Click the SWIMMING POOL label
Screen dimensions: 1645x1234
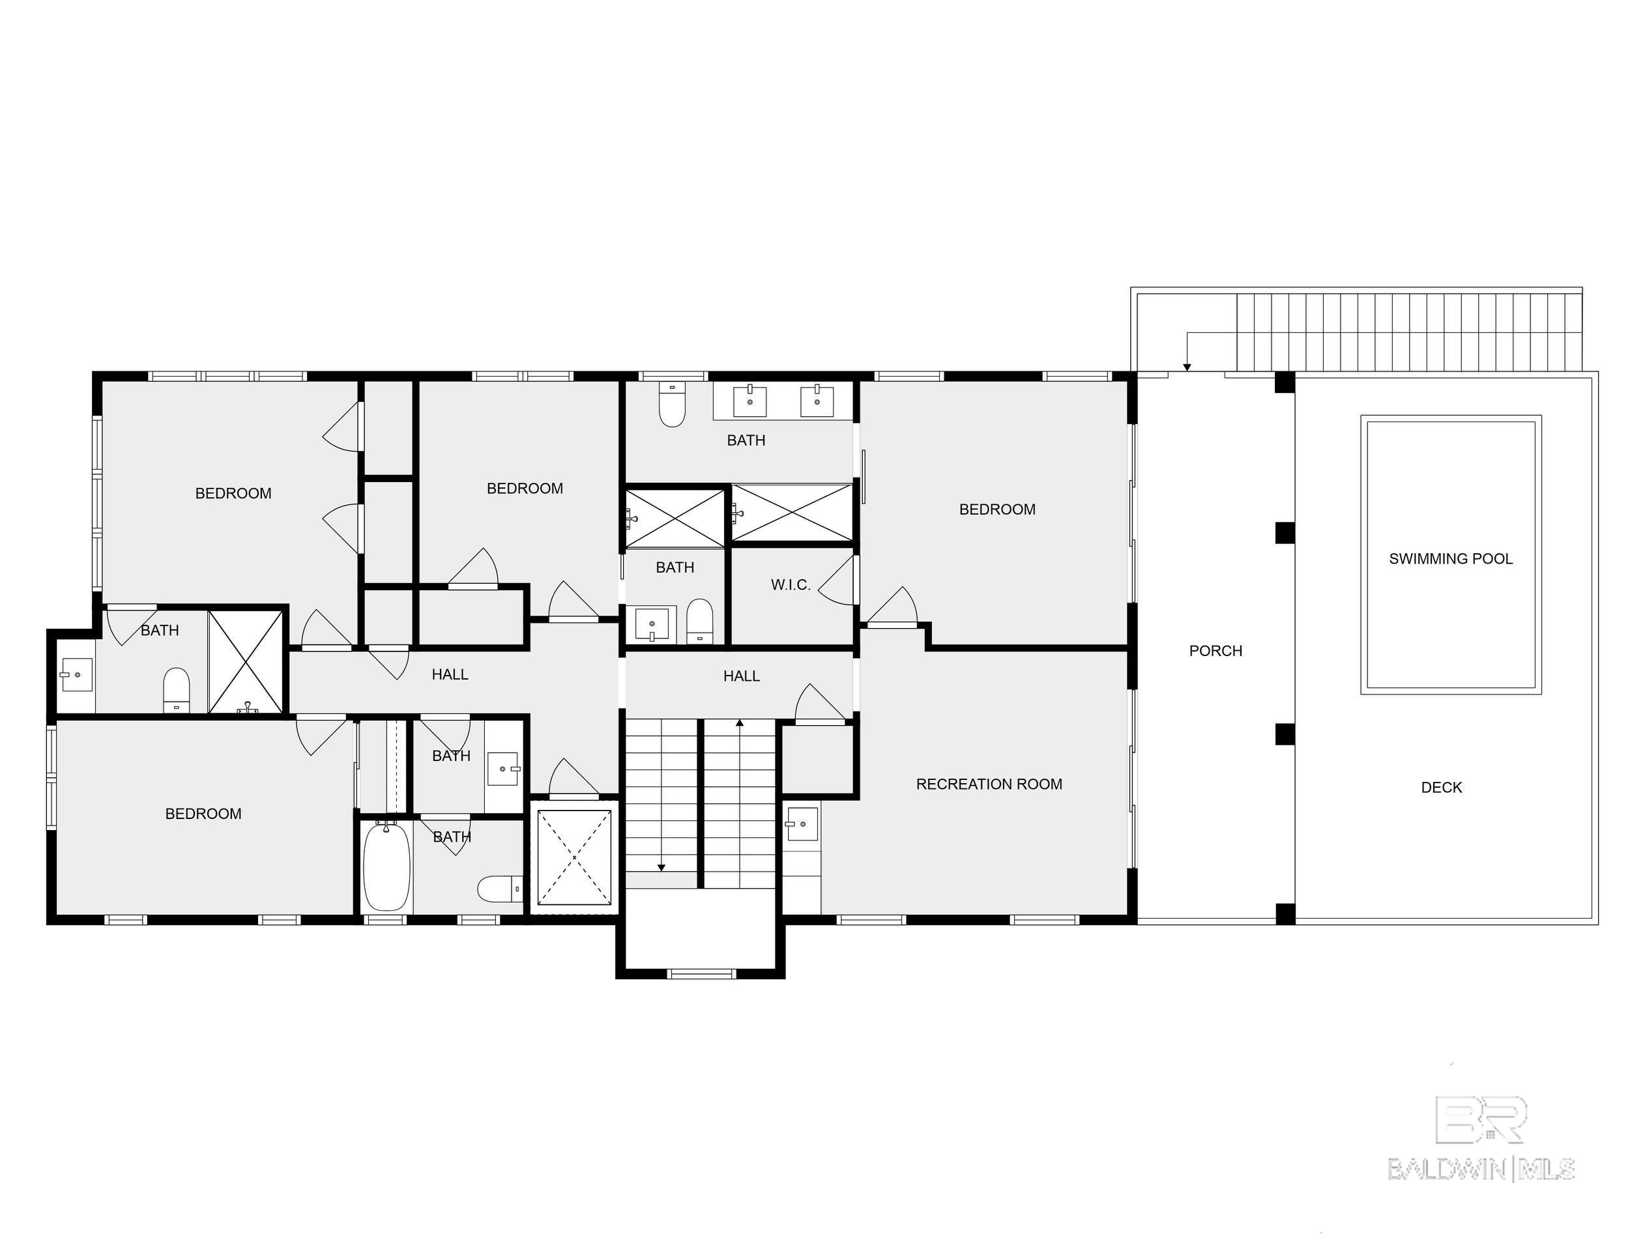click(x=1450, y=558)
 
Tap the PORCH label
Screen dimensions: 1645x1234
click(x=1215, y=650)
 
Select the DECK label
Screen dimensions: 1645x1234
click(x=1440, y=787)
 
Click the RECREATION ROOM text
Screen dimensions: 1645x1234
click(x=988, y=784)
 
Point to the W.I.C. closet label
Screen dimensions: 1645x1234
click(x=790, y=584)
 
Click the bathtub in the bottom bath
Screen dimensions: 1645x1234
click(x=386, y=866)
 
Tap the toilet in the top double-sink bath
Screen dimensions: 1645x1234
click(x=671, y=405)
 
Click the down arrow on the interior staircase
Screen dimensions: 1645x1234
click(x=661, y=867)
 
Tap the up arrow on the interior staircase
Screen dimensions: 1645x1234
click(x=739, y=723)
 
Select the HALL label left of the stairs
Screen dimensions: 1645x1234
click(x=449, y=674)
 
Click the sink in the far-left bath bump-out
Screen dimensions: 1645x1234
click(x=76, y=674)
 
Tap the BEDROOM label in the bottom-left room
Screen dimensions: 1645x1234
click(x=203, y=813)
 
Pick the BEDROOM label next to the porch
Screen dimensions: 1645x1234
click(x=997, y=509)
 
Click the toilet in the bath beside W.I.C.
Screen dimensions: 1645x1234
click(x=699, y=620)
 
